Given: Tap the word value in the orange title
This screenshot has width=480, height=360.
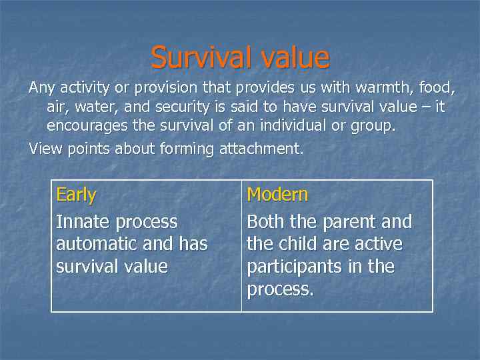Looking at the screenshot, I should click(292, 58).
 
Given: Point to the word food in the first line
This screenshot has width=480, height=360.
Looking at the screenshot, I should click(436, 88).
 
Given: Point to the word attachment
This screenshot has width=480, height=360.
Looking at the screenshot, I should click(260, 149).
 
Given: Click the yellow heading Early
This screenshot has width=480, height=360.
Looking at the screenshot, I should click(76, 195).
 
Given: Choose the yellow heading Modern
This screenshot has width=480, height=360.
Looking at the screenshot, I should click(277, 195).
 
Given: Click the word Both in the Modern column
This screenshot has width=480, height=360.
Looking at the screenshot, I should click(265, 221).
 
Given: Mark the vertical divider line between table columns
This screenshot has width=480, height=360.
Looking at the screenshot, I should click(241, 246).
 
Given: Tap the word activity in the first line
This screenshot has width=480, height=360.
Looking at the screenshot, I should click(87, 88).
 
